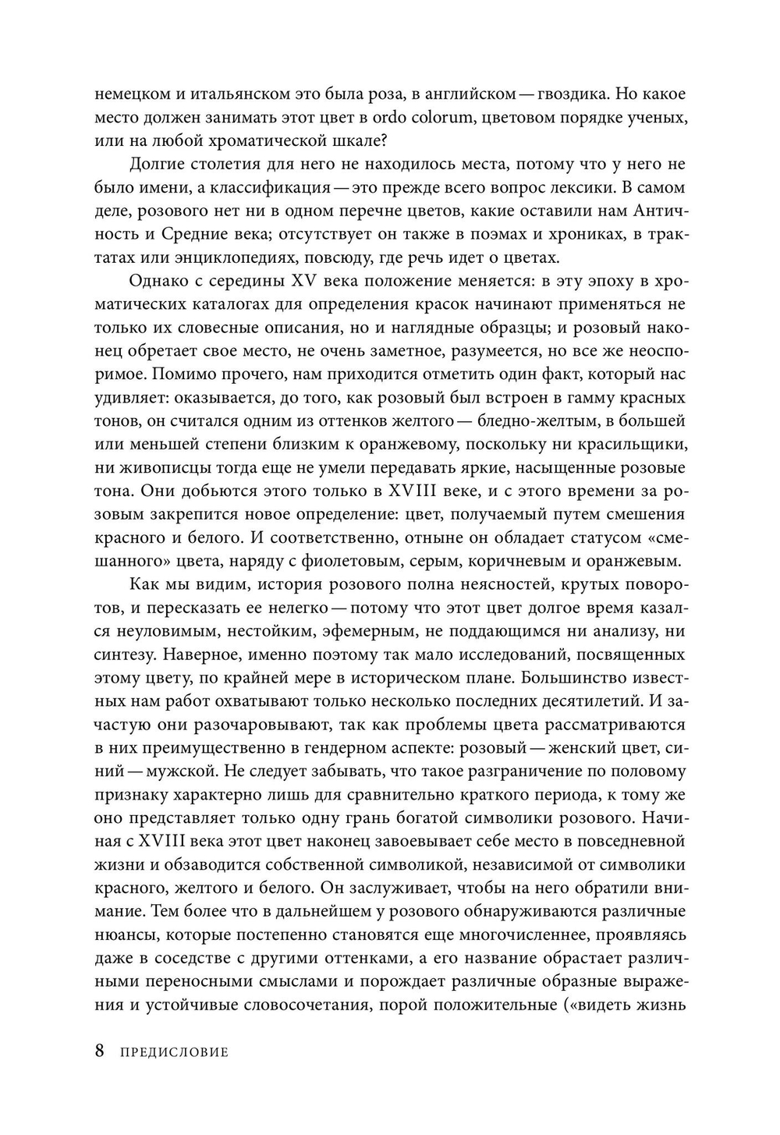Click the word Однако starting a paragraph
(x=155, y=282)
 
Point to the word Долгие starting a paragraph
(x=155, y=165)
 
